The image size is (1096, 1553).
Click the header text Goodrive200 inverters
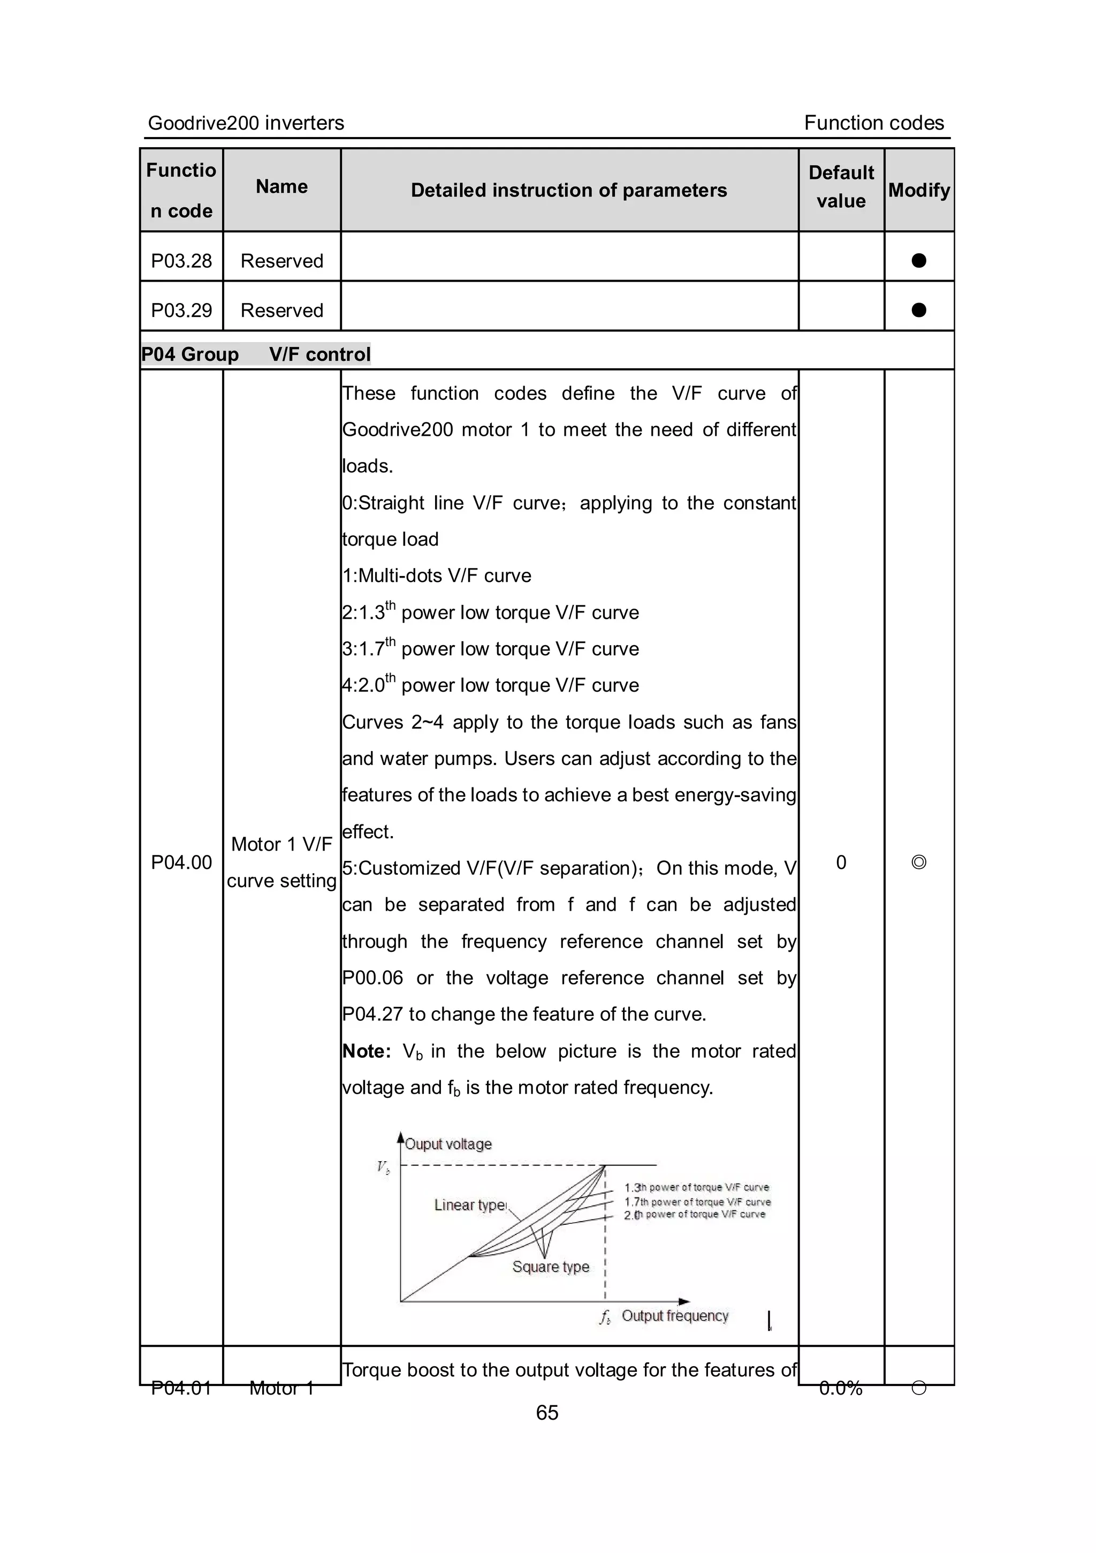pyautogui.click(x=246, y=123)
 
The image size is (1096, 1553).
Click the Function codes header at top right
pyautogui.click(x=873, y=123)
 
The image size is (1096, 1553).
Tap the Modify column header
pyautogui.click(x=918, y=190)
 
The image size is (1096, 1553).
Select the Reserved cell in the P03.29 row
pyautogui.click(x=281, y=310)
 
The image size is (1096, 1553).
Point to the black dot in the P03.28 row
pyautogui.click(x=918, y=260)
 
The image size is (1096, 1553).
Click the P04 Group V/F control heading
pyautogui.click(x=256, y=354)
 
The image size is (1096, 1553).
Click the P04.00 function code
pyautogui.click(x=181, y=862)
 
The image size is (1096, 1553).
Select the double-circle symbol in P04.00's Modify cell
pyautogui.click(x=918, y=862)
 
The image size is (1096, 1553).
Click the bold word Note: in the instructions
pyautogui.click(x=367, y=1051)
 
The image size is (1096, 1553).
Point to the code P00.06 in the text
pyautogui.click(x=372, y=978)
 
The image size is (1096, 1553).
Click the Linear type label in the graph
pyautogui.click(x=469, y=1204)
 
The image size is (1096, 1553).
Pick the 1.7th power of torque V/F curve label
pyautogui.click(x=697, y=1202)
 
